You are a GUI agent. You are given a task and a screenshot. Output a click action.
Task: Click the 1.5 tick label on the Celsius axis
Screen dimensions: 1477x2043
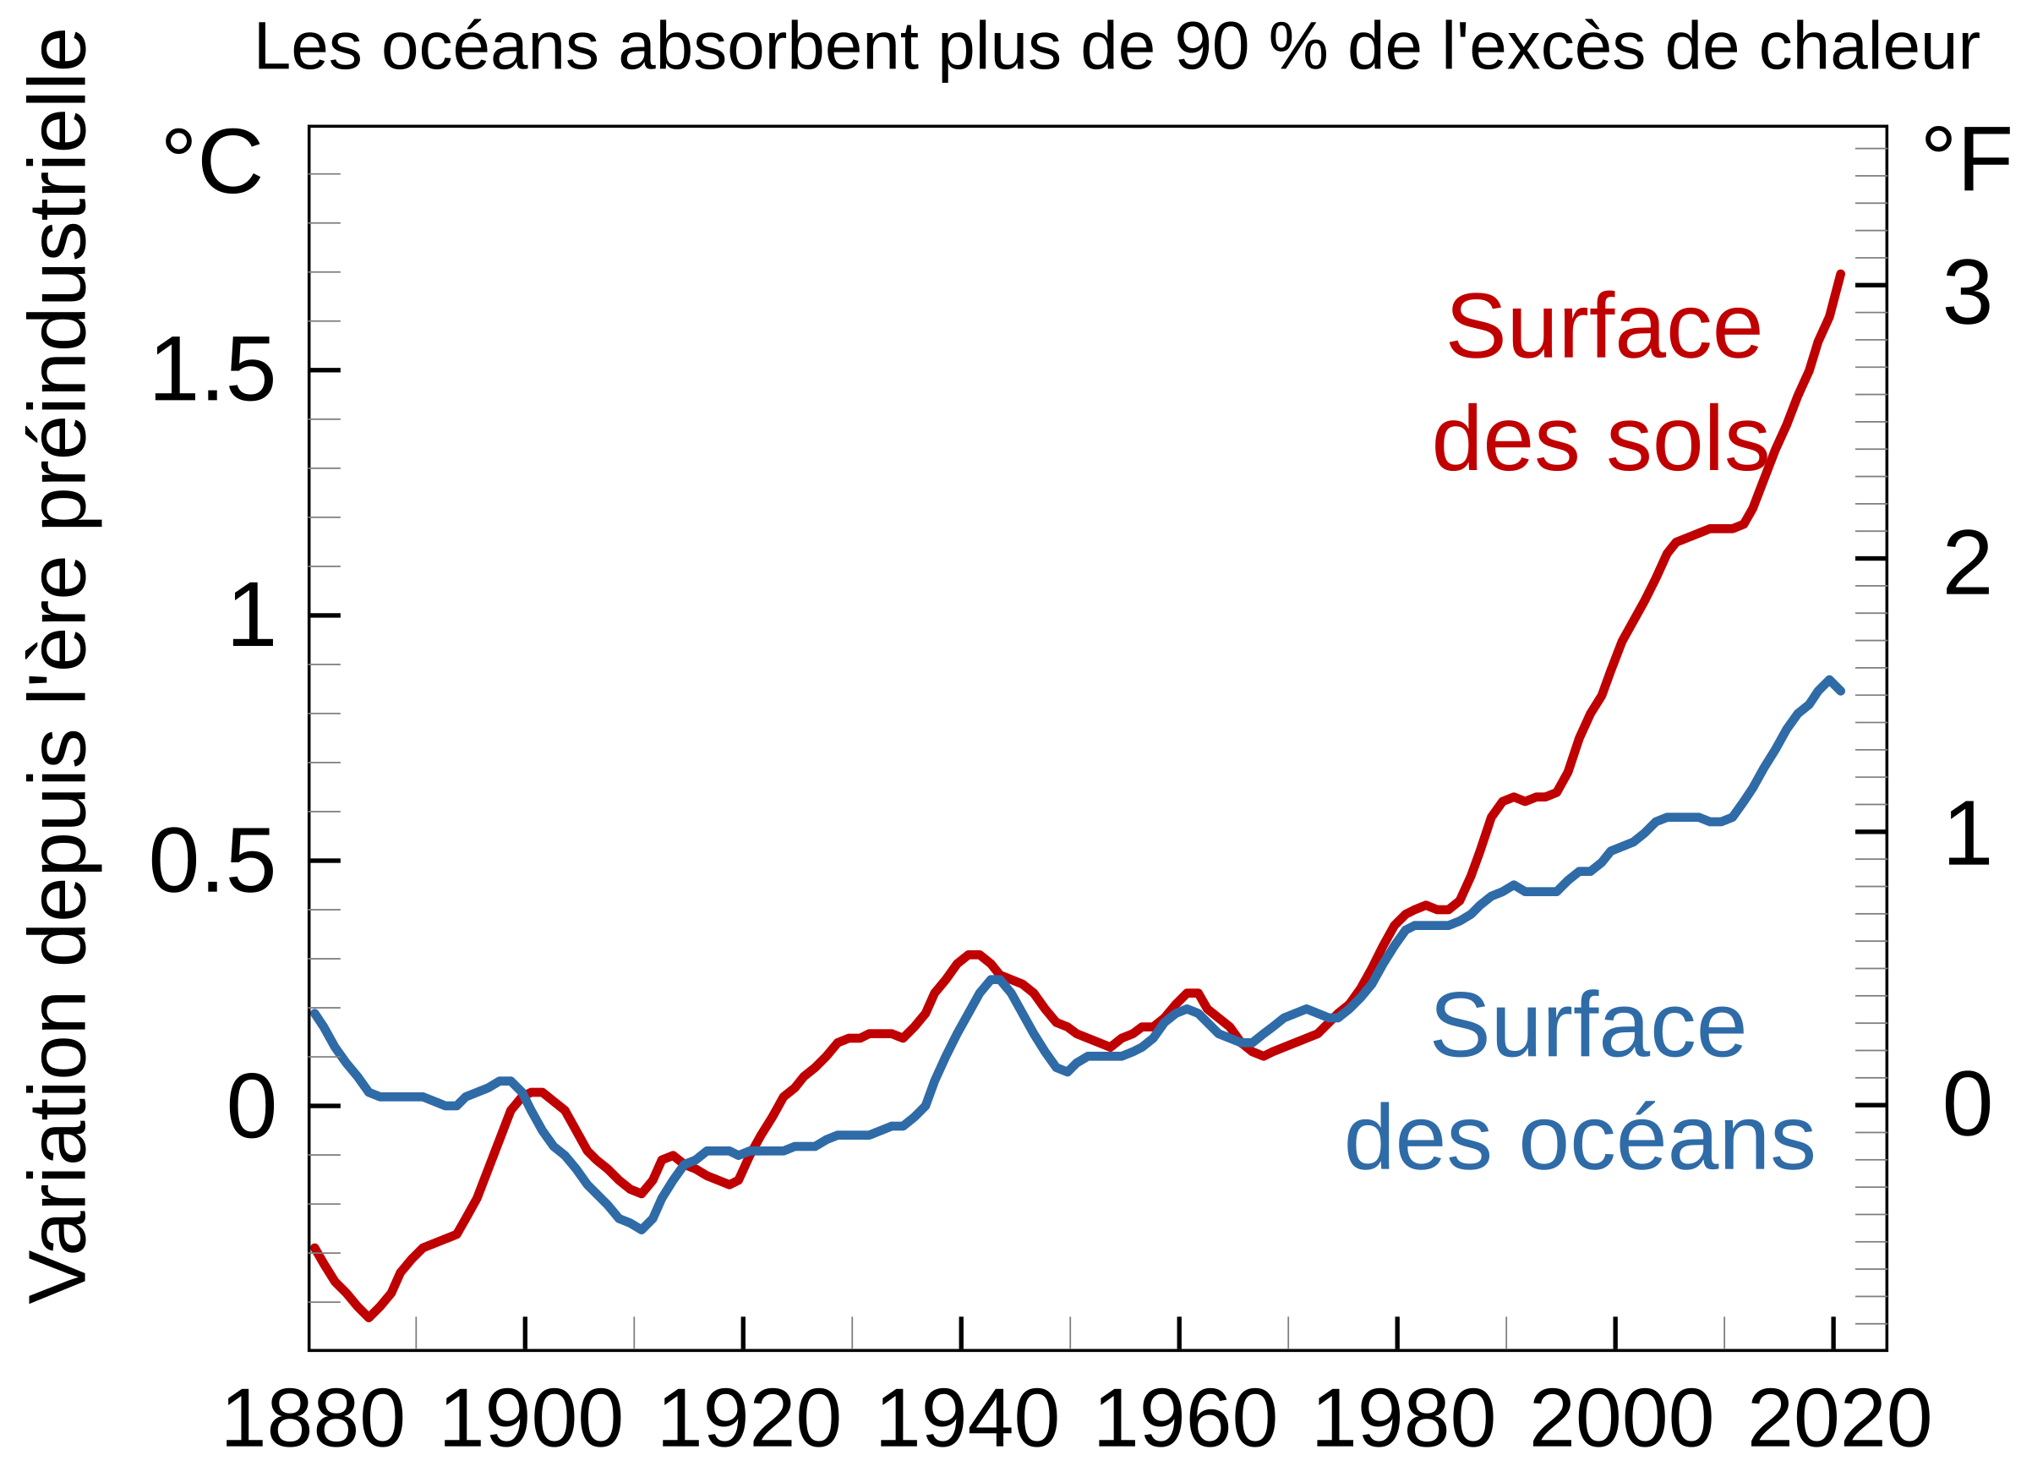coord(213,370)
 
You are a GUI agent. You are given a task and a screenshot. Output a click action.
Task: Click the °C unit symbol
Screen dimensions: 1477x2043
coord(213,161)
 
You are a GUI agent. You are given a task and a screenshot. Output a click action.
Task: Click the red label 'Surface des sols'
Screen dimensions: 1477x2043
coord(1602,383)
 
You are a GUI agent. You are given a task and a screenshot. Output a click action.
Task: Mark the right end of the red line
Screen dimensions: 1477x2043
coord(1840,274)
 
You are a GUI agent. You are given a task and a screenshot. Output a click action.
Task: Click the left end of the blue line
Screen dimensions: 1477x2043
coord(314,1013)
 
